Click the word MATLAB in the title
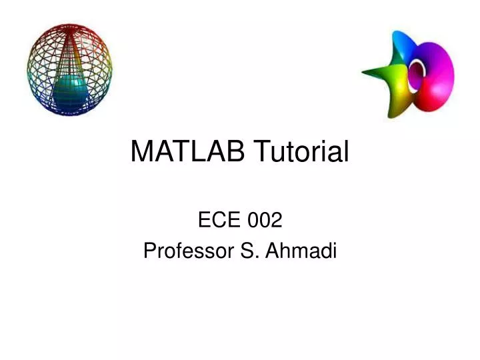(x=186, y=152)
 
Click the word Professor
(x=185, y=251)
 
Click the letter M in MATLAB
(x=141, y=152)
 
